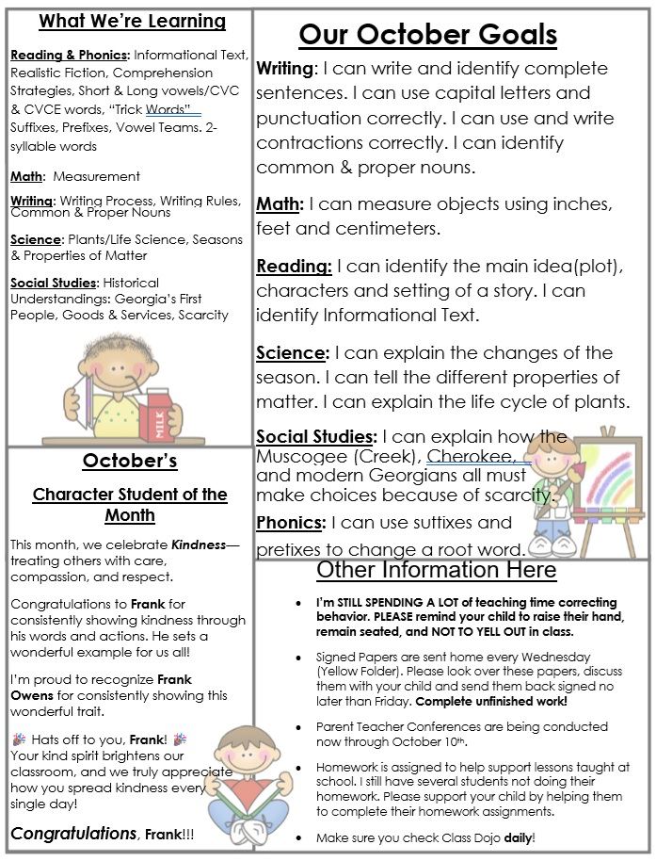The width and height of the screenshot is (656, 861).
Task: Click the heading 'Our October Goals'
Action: (x=428, y=36)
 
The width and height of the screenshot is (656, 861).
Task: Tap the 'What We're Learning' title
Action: (x=132, y=21)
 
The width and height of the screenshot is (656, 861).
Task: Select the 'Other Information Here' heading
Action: (x=436, y=570)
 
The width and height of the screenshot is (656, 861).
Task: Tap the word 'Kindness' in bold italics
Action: (x=198, y=544)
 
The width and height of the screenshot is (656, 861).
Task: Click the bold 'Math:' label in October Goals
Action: (x=280, y=203)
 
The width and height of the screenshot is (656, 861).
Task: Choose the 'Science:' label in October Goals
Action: (x=292, y=353)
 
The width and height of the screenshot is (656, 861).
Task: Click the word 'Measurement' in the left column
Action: (x=96, y=176)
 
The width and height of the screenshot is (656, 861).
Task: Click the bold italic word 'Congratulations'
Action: (x=73, y=834)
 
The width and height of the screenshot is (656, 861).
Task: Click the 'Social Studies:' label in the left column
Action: (x=54, y=283)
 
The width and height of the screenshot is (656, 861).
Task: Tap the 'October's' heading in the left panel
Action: (x=130, y=461)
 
